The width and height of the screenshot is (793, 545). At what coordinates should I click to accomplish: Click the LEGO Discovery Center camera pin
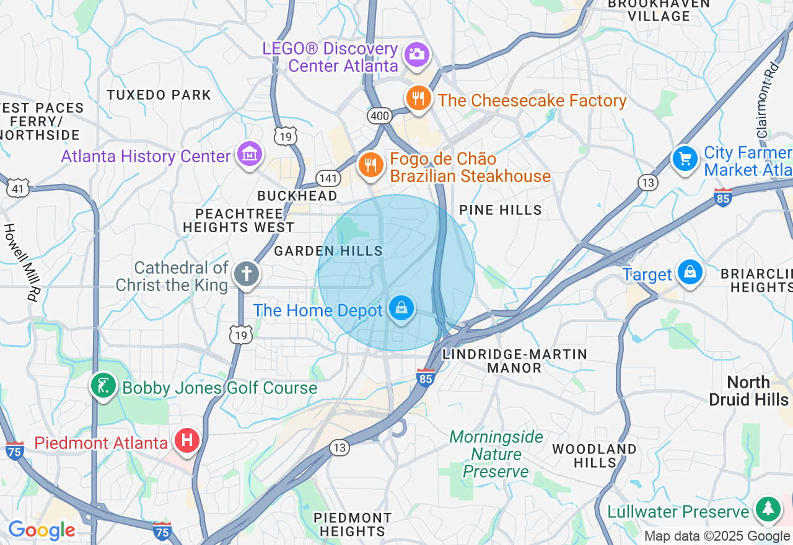click(417, 54)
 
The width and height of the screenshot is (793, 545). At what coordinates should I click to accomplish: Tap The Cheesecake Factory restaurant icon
click(419, 98)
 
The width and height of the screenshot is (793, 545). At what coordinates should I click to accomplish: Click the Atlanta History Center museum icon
click(250, 154)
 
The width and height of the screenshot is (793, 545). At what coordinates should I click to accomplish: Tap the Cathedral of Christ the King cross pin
click(246, 274)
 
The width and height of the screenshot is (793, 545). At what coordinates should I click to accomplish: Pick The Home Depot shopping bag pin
click(401, 308)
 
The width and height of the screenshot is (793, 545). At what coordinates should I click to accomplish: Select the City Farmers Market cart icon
click(685, 159)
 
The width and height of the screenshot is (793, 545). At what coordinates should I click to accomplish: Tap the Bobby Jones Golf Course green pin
click(103, 386)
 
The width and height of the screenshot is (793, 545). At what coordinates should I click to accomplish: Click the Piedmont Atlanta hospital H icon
click(186, 441)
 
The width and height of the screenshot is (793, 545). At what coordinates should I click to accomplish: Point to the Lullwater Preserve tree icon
click(768, 509)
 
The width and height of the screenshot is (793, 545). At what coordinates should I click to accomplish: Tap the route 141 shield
click(328, 178)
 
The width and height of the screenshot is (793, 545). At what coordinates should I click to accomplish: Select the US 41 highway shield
click(18, 188)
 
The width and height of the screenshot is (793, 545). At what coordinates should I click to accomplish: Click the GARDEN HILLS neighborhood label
click(328, 251)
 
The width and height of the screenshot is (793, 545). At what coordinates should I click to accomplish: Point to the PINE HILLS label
click(501, 211)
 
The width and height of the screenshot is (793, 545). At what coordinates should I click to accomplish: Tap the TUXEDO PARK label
click(159, 95)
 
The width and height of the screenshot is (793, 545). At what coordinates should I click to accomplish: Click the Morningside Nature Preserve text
click(496, 455)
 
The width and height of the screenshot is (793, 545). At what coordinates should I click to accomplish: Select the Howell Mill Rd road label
click(20, 262)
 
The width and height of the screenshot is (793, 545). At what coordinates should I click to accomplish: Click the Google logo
click(42, 530)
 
